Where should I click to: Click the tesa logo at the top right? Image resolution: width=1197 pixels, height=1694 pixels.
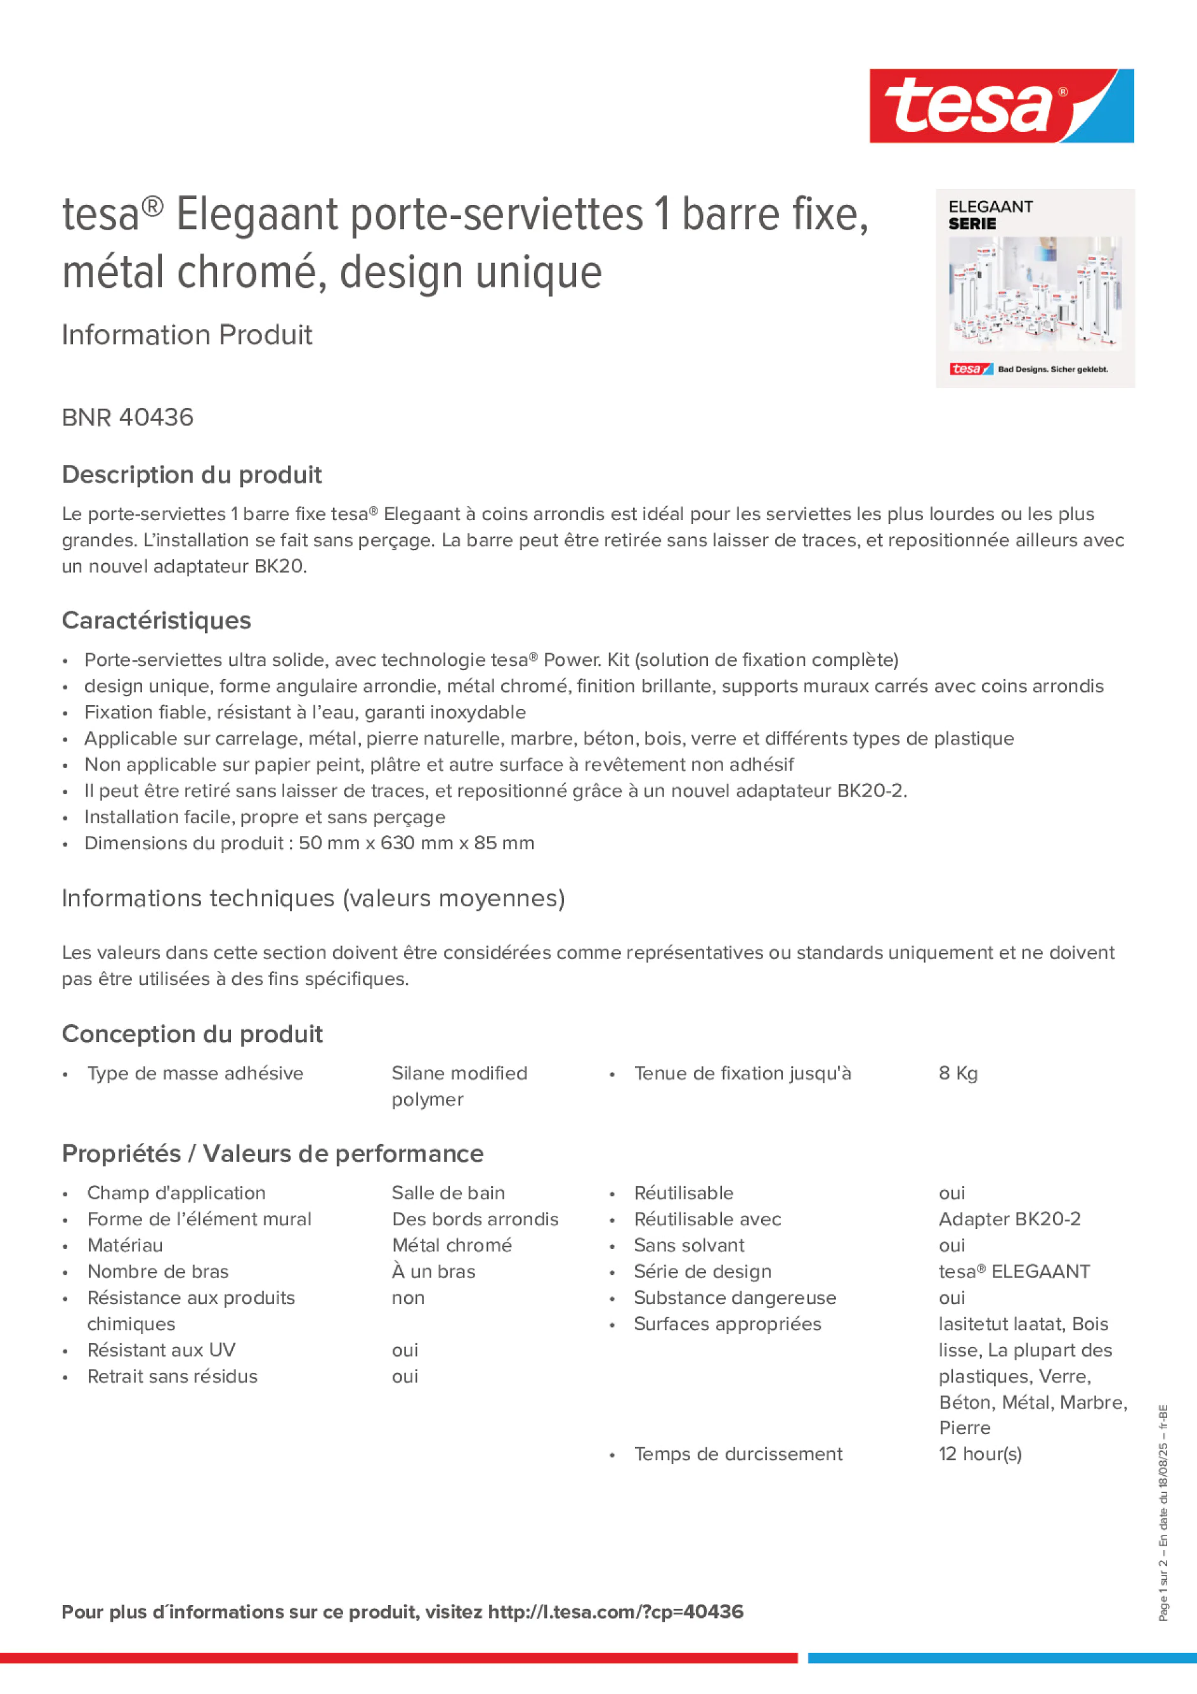pyautogui.click(x=1001, y=105)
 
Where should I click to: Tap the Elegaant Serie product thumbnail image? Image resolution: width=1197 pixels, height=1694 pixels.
pyautogui.click(x=1035, y=289)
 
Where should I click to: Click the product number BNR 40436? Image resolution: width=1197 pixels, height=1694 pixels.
pyautogui.click(x=128, y=417)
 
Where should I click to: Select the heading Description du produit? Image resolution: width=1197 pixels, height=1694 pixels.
pyautogui.click(x=192, y=474)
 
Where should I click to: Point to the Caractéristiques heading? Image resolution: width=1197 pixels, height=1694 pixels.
pyautogui.click(x=157, y=620)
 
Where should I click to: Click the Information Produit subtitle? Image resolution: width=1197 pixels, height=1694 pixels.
pyautogui.click(x=186, y=335)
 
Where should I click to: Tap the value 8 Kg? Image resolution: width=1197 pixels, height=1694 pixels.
pyautogui.click(x=958, y=1074)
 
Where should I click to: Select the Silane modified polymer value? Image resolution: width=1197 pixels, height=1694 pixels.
pyautogui.click(x=459, y=1086)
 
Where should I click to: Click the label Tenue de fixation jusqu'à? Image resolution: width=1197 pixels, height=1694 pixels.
pyautogui.click(x=742, y=1074)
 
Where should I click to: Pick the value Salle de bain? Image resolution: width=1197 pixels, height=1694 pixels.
pyautogui.click(x=448, y=1193)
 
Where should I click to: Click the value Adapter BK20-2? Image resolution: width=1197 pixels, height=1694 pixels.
pyautogui.click(x=1009, y=1219)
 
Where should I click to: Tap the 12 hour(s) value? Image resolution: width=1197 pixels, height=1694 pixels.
pyautogui.click(x=980, y=1454)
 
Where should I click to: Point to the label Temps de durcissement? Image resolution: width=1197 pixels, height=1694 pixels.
pyautogui.click(x=738, y=1454)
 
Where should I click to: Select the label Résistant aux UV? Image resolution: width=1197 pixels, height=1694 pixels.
pyautogui.click(x=161, y=1350)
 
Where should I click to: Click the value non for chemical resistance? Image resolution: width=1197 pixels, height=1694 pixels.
pyautogui.click(x=408, y=1297)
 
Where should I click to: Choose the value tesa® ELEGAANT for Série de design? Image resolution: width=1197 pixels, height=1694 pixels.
pyautogui.click(x=1014, y=1271)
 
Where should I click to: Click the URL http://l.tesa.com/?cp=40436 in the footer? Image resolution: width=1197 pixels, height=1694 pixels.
pyautogui.click(x=615, y=1612)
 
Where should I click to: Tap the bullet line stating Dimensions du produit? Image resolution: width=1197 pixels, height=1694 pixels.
pyautogui.click(x=309, y=843)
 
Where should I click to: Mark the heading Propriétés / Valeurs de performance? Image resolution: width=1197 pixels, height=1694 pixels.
pyautogui.click(x=272, y=1153)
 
